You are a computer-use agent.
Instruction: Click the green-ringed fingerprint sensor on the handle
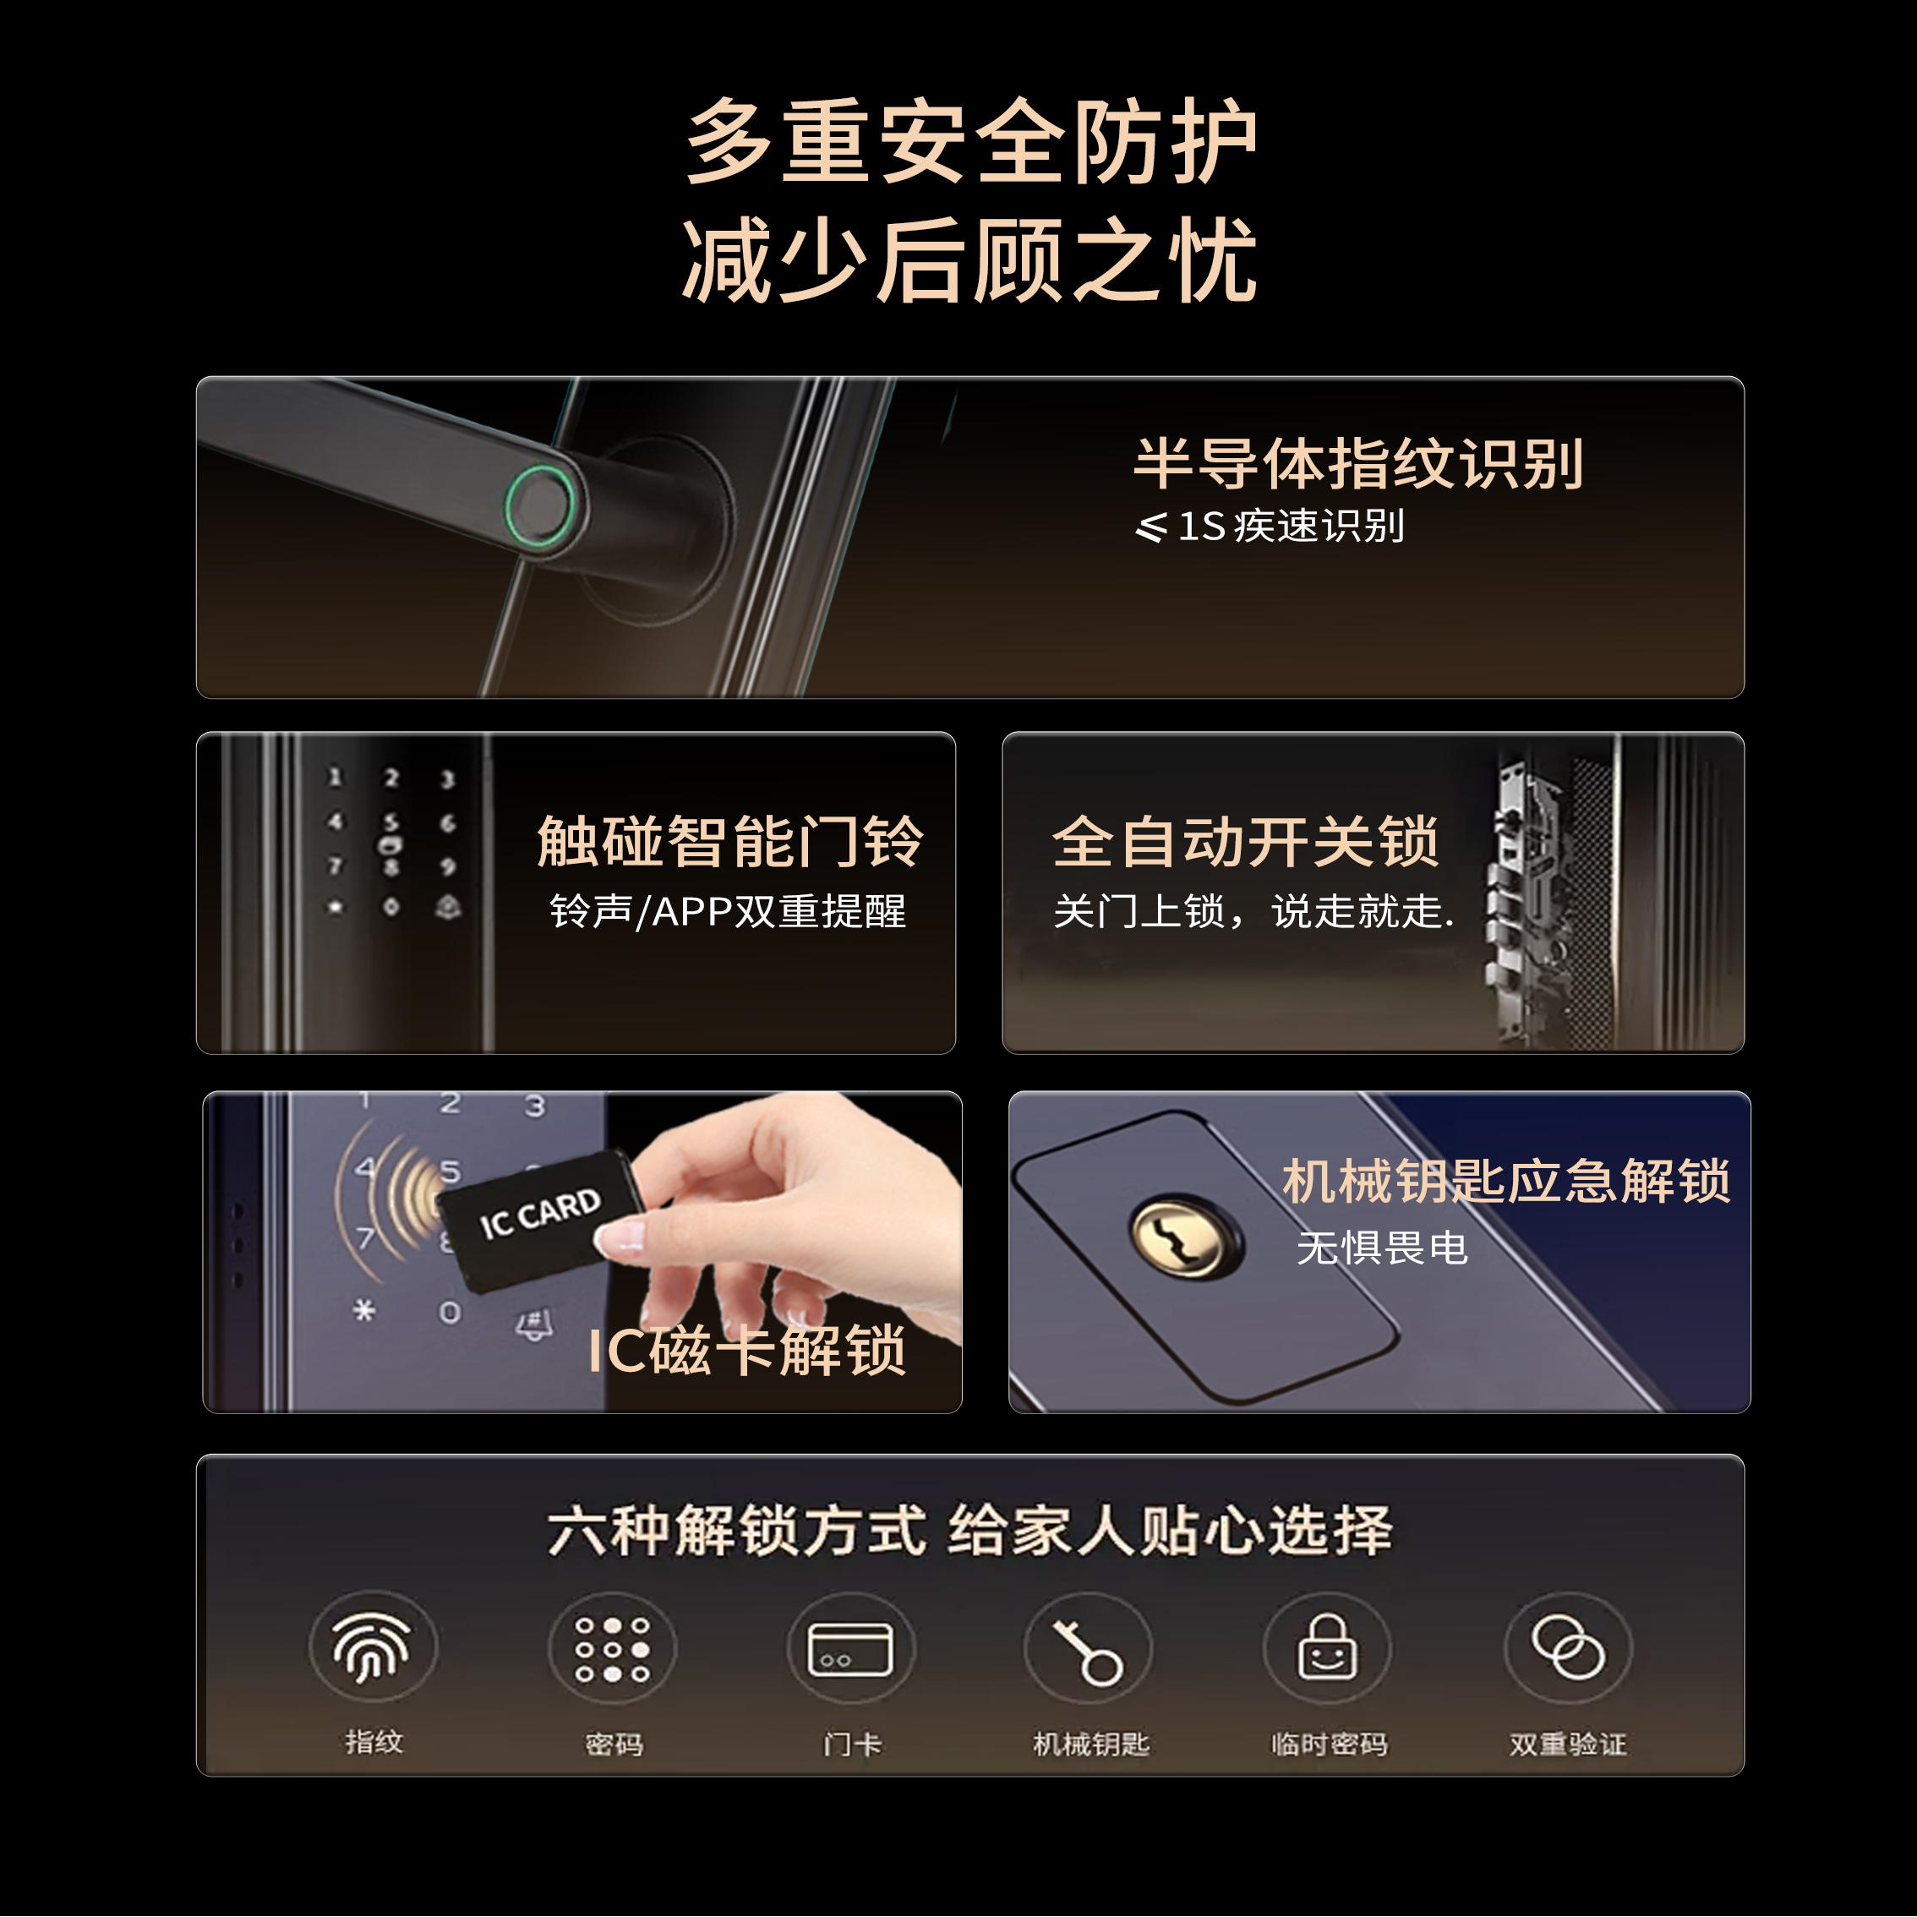(x=541, y=505)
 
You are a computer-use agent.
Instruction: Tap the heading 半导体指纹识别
(x=1357, y=463)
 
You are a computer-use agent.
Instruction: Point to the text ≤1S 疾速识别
(x=1270, y=526)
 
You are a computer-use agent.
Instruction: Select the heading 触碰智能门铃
(x=730, y=841)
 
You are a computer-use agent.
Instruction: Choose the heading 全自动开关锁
(x=1245, y=841)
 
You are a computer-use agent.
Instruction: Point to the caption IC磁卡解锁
(x=746, y=1351)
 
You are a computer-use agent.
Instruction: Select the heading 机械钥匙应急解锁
(x=1506, y=1181)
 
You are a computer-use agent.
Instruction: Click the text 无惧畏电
(x=1382, y=1248)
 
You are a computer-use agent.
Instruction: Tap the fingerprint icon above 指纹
(x=372, y=1648)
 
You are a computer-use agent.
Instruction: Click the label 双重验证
(x=1568, y=1745)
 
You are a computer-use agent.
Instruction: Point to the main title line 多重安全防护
(x=971, y=141)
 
